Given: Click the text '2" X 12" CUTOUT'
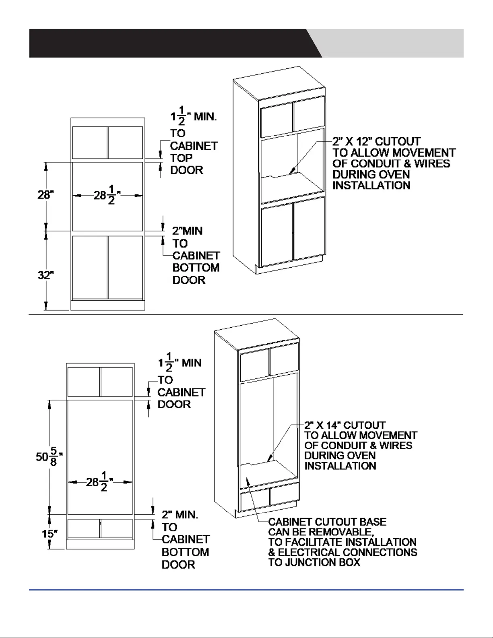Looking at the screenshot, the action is point(376,142).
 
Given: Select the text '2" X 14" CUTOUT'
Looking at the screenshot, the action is point(345,425).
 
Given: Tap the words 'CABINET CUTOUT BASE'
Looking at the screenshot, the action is point(327,522).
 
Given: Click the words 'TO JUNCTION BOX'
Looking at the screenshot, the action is point(314,562).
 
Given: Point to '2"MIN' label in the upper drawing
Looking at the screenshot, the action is point(187,231).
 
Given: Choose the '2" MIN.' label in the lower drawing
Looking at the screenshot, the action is point(180,514).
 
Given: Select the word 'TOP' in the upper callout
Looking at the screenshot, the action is point(181,158).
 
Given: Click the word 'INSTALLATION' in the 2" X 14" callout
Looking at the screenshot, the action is point(340,466).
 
